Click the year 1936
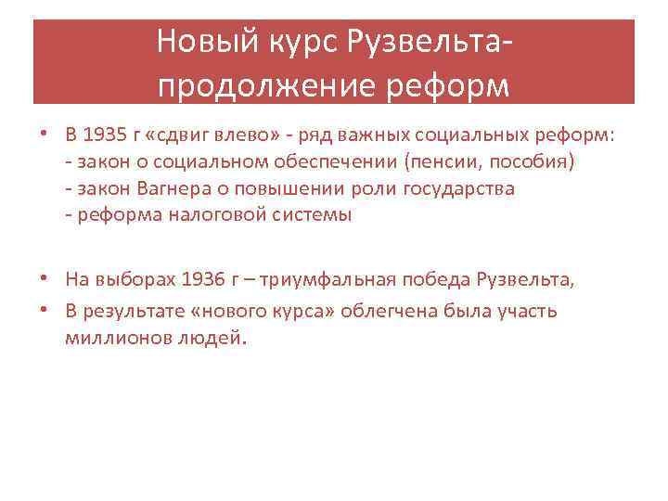click(205, 279)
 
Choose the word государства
click(460, 189)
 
